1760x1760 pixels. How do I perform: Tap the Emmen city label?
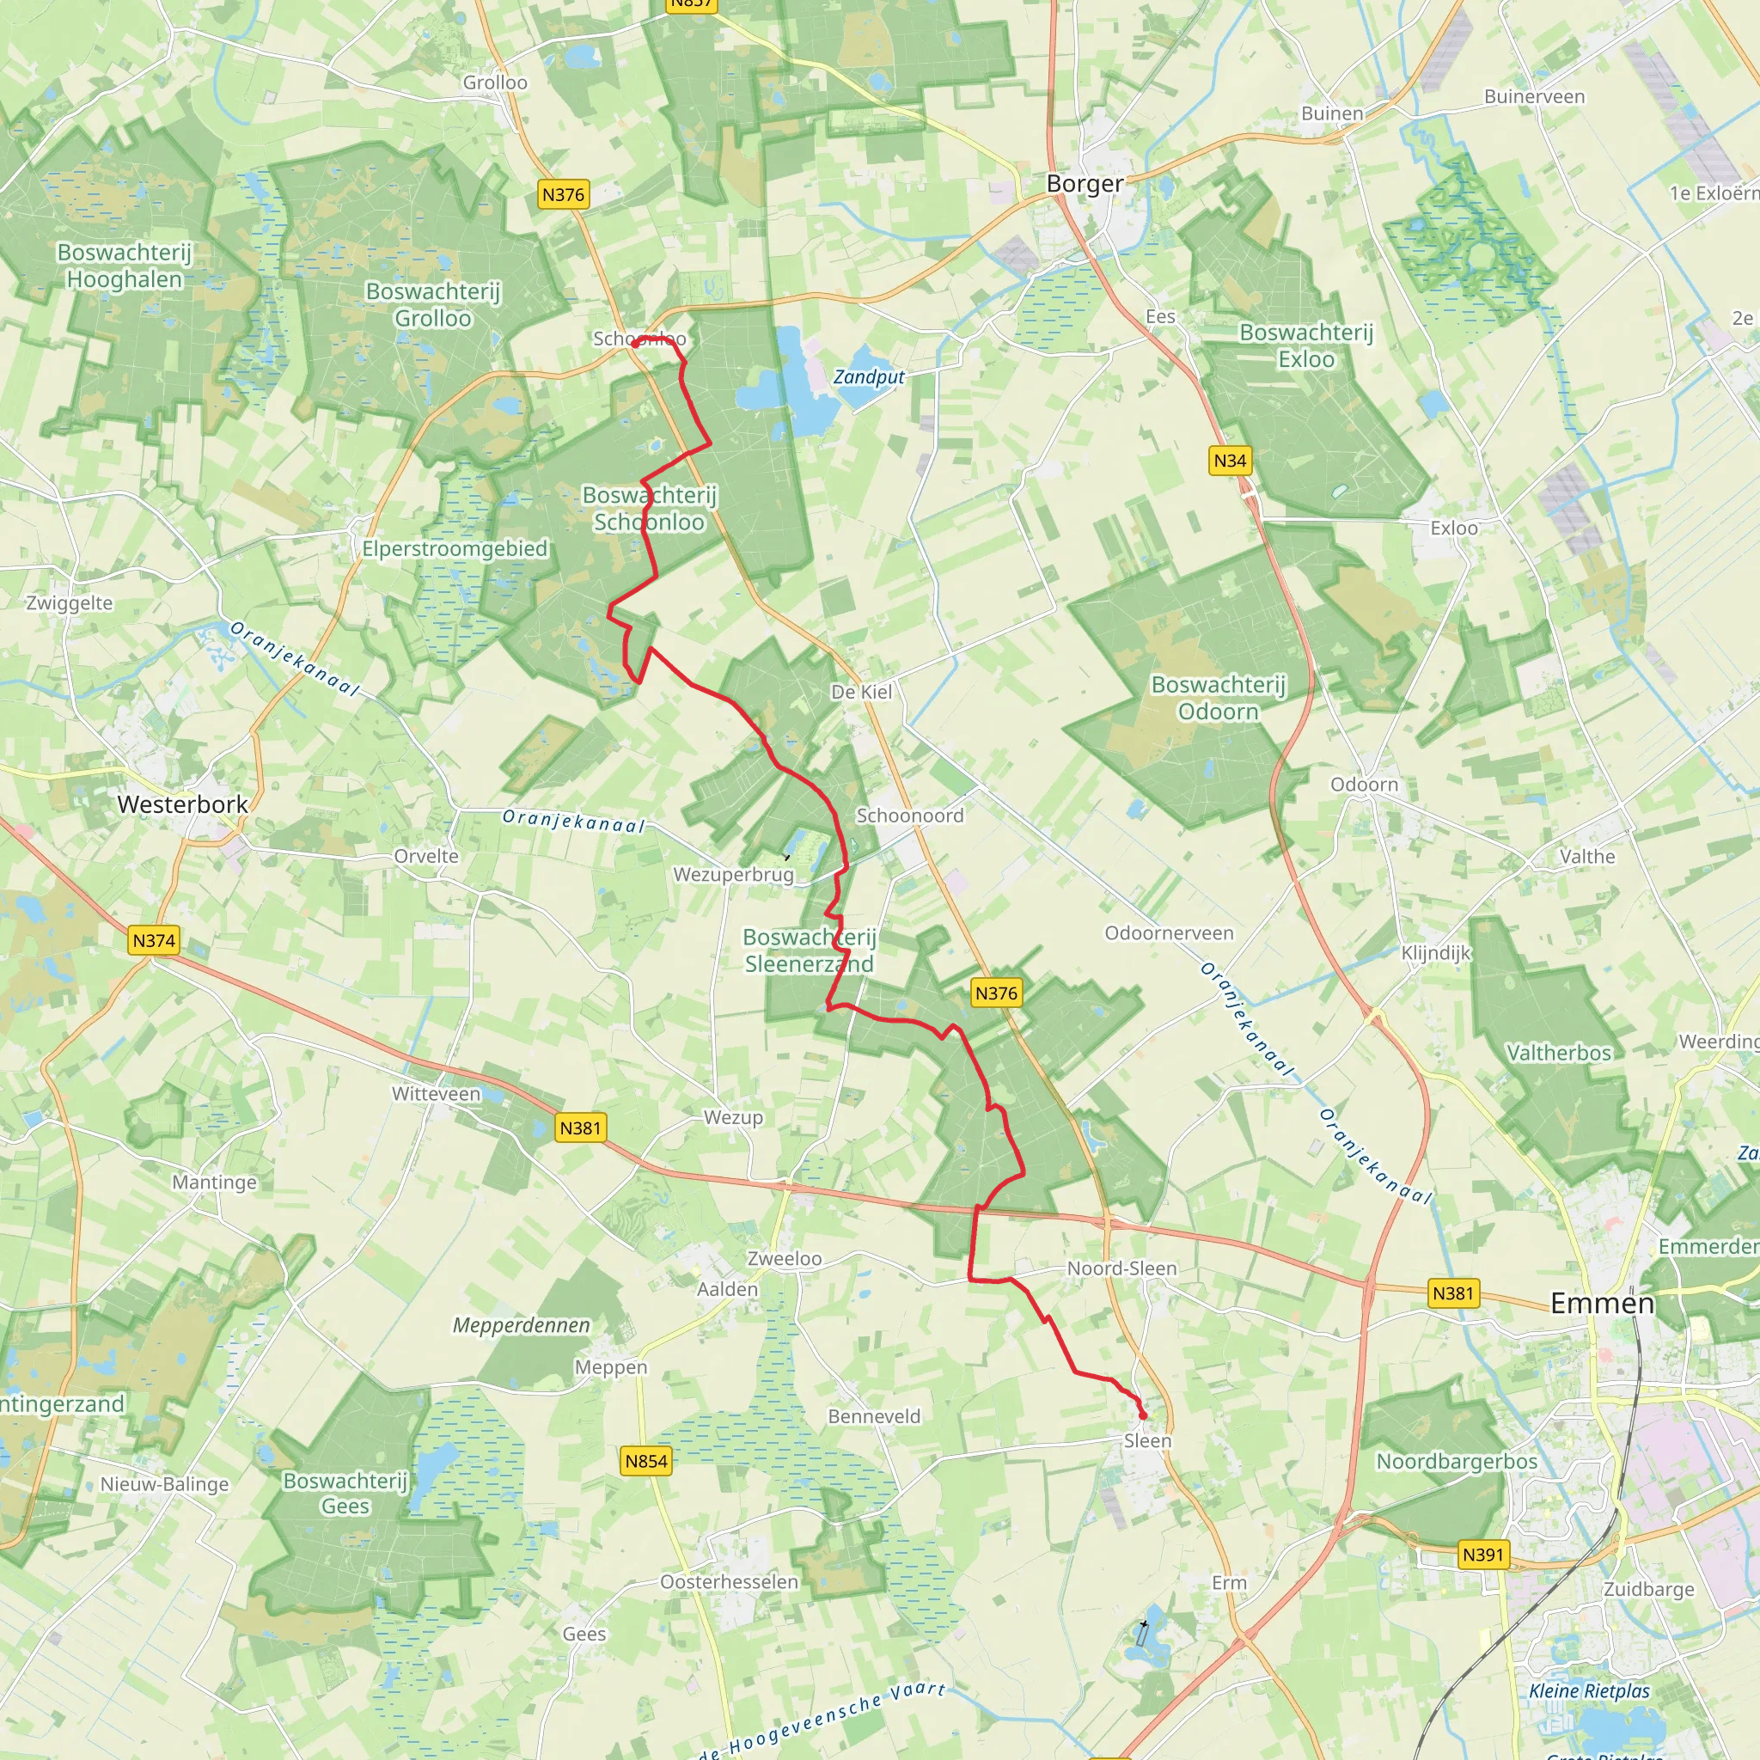click(x=1602, y=1303)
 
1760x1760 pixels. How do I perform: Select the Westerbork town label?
click(x=182, y=804)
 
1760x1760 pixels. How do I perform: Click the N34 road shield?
click(x=1230, y=461)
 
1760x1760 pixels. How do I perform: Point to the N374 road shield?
click(x=154, y=940)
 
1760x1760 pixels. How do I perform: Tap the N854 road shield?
click(x=646, y=1461)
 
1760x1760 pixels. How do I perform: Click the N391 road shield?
click(x=1482, y=1554)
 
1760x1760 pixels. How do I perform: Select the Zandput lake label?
click(x=869, y=377)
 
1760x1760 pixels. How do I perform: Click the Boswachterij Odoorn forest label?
click(x=1218, y=698)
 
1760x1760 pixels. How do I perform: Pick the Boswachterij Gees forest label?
click(x=345, y=1493)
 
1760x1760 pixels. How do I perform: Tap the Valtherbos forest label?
click(x=1559, y=1053)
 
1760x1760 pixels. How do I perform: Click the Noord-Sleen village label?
click(x=1121, y=1268)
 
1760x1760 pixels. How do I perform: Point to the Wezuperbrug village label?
click(x=733, y=875)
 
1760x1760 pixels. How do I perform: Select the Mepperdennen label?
click(x=521, y=1325)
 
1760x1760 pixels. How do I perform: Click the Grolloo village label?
click(x=495, y=82)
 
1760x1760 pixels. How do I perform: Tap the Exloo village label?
click(x=1454, y=529)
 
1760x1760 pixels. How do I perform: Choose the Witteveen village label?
click(x=436, y=1094)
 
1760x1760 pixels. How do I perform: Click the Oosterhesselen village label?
click(x=729, y=1581)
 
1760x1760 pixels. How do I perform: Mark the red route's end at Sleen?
click(x=1142, y=1415)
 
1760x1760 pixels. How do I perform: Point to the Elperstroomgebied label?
click(x=455, y=548)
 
